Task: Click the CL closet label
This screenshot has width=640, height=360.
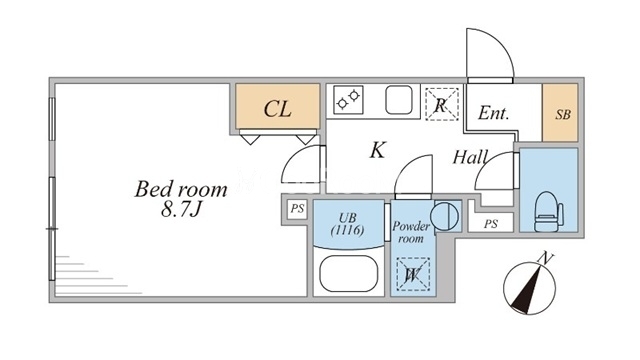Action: [278, 109]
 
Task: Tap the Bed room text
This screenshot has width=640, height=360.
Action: [181, 189]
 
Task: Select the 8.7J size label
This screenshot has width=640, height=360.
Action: [181, 209]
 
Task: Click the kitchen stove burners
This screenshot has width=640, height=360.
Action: [348, 99]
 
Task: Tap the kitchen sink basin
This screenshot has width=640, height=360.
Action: [399, 100]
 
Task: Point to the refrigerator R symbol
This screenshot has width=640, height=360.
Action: [441, 104]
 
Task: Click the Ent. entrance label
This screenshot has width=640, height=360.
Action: [493, 113]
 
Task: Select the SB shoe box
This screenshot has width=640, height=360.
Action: [560, 113]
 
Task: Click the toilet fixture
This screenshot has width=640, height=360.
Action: [549, 212]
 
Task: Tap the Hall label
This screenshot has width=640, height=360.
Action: [470, 157]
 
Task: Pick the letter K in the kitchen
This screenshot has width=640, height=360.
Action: [377, 150]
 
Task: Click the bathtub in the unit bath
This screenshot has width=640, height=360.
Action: [349, 273]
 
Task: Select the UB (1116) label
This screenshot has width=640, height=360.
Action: [347, 224]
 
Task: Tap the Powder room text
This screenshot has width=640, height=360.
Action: [411, 232]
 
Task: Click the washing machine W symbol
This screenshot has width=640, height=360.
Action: [413, 274]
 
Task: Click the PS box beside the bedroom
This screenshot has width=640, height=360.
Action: [297, 209]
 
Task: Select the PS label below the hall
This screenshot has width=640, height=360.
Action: [491, 224]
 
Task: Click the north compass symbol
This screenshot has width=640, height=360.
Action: [529, 286]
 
